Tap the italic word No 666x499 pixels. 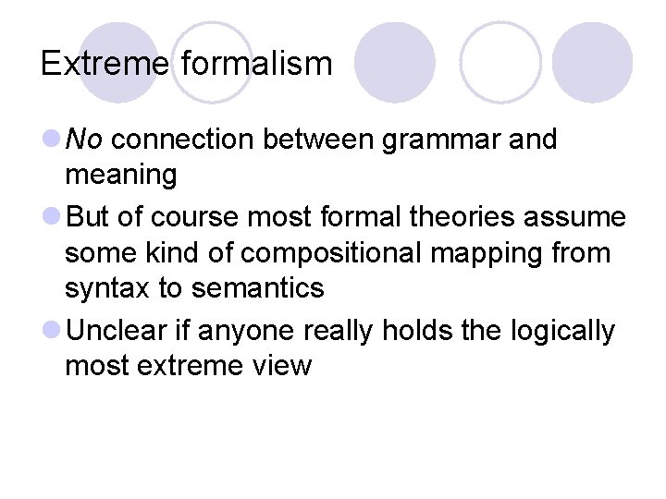click(85, 140)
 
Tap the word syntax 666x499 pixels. click(107, 288)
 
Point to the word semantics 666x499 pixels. click(258, 288)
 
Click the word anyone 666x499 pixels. click(245, 330)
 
